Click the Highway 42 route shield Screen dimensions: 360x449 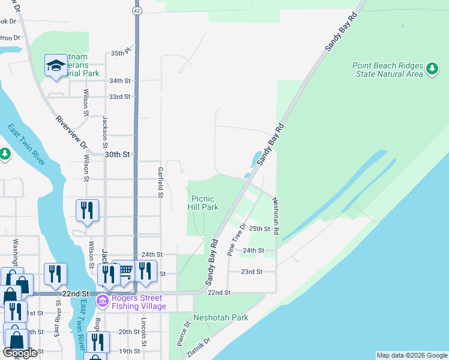(x=137, y=10)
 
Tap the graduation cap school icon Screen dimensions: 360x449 (x=56, y=65)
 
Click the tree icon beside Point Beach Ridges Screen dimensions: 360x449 (x=432, y=70)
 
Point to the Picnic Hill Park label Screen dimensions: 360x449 (x=205, y=202)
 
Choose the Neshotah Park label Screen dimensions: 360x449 (x=220, y=317)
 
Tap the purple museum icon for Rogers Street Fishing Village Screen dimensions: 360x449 (x=102, y=300)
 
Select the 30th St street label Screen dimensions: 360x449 (x=118, y=154)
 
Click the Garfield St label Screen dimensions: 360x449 (x=160, y=182)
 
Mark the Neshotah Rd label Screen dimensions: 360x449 (x=276, y=217)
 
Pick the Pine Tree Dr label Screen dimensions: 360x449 (x=237, y=240)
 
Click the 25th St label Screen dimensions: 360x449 (x=261, y=229)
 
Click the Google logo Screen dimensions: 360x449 (x=20, y=353)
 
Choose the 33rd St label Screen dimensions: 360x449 (x=119, y=96)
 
